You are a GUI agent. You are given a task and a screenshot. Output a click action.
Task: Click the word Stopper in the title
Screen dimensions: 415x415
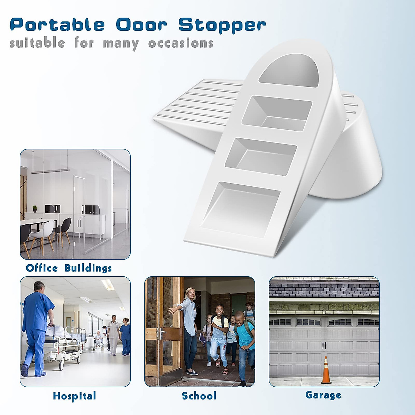(222, 25)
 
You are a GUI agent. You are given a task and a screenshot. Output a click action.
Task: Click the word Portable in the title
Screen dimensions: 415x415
(57, 25)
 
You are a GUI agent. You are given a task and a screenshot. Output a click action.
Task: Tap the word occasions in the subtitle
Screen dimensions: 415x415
(181, 44)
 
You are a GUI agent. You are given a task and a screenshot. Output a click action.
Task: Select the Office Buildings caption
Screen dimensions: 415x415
(69, 268)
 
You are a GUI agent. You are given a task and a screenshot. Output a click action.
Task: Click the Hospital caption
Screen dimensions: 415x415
(74, 396)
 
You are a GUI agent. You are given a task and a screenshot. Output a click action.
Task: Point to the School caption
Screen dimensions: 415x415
(199, 396)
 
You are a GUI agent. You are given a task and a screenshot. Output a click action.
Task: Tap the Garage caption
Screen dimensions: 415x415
(323, 395)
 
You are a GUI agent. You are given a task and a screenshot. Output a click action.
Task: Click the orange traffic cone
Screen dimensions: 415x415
(326, 371)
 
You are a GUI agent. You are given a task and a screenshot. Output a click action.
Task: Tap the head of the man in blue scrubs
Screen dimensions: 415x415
(39, 287)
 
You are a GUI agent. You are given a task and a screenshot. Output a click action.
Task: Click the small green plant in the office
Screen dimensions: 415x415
(35, 209)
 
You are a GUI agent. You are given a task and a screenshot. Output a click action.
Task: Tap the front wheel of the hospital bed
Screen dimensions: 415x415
(62, 365)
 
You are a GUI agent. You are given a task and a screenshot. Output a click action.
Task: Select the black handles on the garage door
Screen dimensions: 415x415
(324, 345)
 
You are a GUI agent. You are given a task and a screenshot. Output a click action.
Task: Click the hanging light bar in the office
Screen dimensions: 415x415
(50, 171)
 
